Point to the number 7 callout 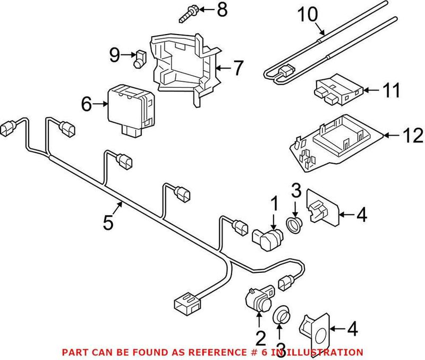pyautogui.click(x=237, y=69)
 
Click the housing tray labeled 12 pyautogui.click(x=335, y=144)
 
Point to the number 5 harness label pyautogui.click(x=108, y=222)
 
